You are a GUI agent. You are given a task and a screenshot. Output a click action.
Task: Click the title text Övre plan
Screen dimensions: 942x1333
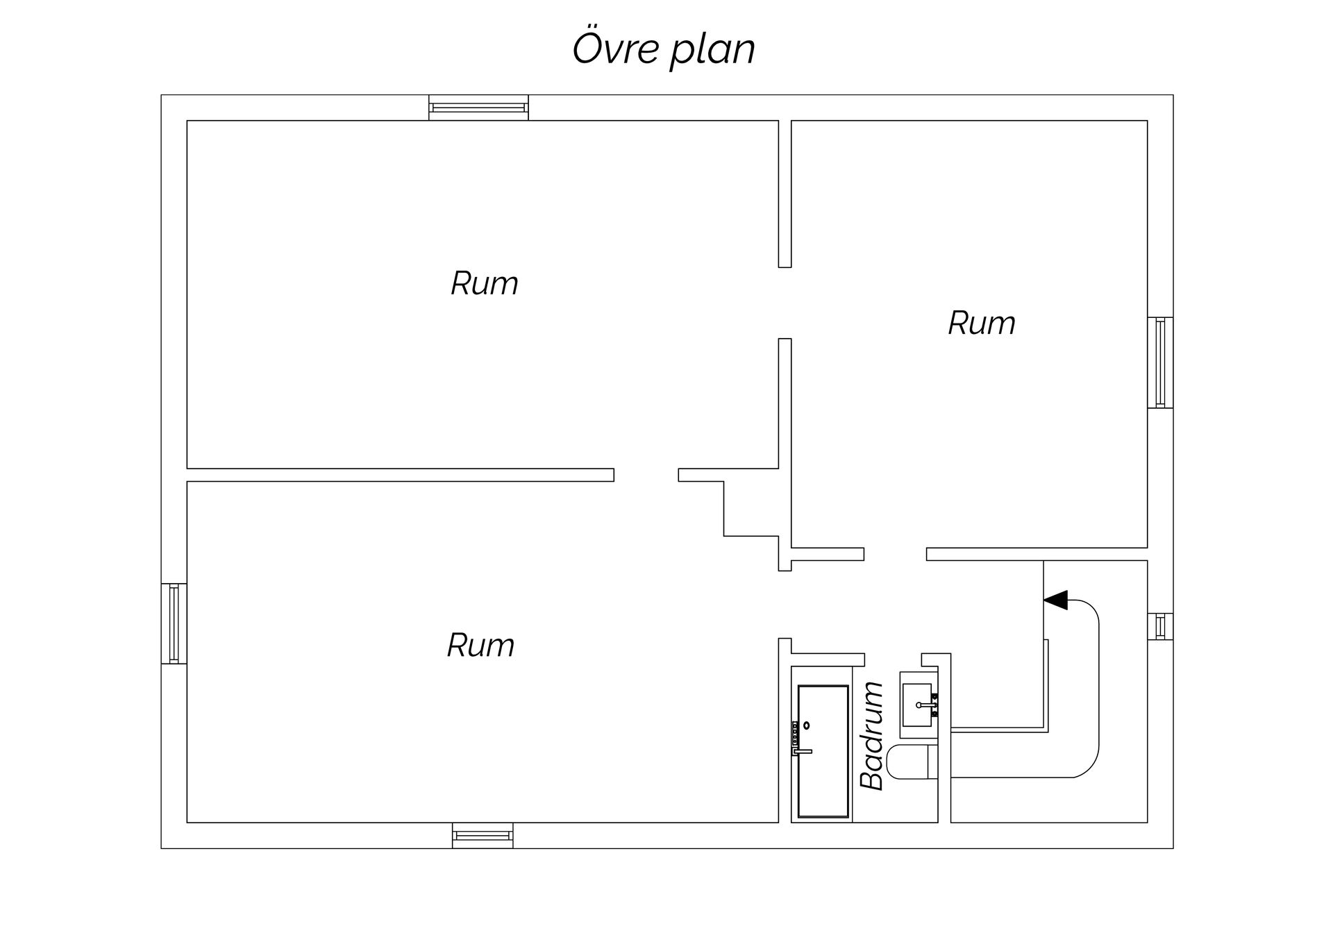tap(663, 49)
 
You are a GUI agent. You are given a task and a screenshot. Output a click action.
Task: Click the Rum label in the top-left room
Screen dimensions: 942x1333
tap(484, 283)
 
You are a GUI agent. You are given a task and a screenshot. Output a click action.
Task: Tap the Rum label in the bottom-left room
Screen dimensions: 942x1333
tap(480, 646)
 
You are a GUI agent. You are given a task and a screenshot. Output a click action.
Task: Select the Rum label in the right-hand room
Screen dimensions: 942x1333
tap(981, 323)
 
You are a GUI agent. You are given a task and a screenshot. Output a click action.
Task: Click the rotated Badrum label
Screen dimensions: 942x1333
tap(872, 736)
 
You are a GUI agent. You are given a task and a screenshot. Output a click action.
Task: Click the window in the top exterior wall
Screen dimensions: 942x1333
tap(478, 108)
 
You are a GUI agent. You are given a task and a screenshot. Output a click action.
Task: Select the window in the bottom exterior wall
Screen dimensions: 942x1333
tap(483, 835)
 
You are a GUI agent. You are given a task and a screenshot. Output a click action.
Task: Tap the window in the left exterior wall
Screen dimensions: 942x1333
tap(174, 623)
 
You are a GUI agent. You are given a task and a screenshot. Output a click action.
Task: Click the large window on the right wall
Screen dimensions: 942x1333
tap(1160, 362)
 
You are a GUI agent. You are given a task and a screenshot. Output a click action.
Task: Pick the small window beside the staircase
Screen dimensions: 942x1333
tap(1160, 626)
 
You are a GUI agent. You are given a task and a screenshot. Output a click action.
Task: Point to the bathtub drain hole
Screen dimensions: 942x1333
tap(807, 725)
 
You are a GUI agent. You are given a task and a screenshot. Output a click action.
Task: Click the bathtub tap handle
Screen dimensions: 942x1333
tap(803, 751)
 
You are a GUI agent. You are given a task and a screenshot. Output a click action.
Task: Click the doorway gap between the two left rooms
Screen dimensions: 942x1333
tap(646, 475)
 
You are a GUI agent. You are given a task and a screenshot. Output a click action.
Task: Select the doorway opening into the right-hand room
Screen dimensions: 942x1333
tap(785, 303)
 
